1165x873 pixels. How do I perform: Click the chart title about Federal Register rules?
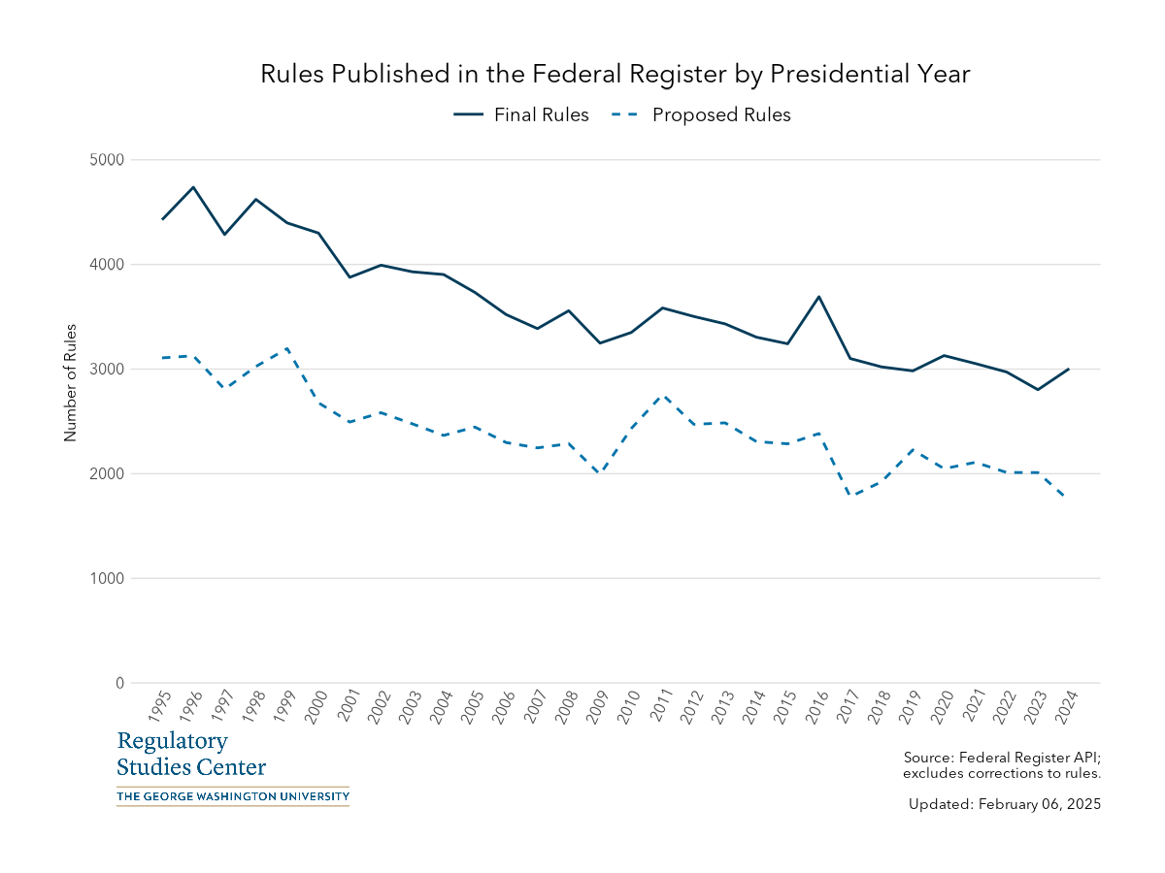pyautogui.click(x=615, y=75)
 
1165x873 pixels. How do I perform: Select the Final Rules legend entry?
pyautogui.click(x=521, y=115)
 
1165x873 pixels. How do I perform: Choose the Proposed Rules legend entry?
pyautogui.click(x=701, y=115)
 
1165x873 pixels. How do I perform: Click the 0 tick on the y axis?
pyautogui.click(x=119, y=684)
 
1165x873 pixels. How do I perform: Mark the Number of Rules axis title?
pyautogui.click(x=70, y=383)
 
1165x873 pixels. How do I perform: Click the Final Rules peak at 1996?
pyautogui.click(x=194, y=187)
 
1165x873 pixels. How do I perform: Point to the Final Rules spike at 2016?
pyautogui.click(x=819, y=297)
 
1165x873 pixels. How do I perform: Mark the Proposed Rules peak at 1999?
pyautogui.click(x=287, y=348)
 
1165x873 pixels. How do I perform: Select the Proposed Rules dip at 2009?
pyautogui.click(x=600, y=472)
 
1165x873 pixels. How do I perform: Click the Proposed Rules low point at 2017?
pyautogui.click(x=850, y=496)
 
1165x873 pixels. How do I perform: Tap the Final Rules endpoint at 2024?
pyautogui.click(x=1069, y=369)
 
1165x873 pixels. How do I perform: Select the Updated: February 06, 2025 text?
pyautogui.click(x=1004, y=804)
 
